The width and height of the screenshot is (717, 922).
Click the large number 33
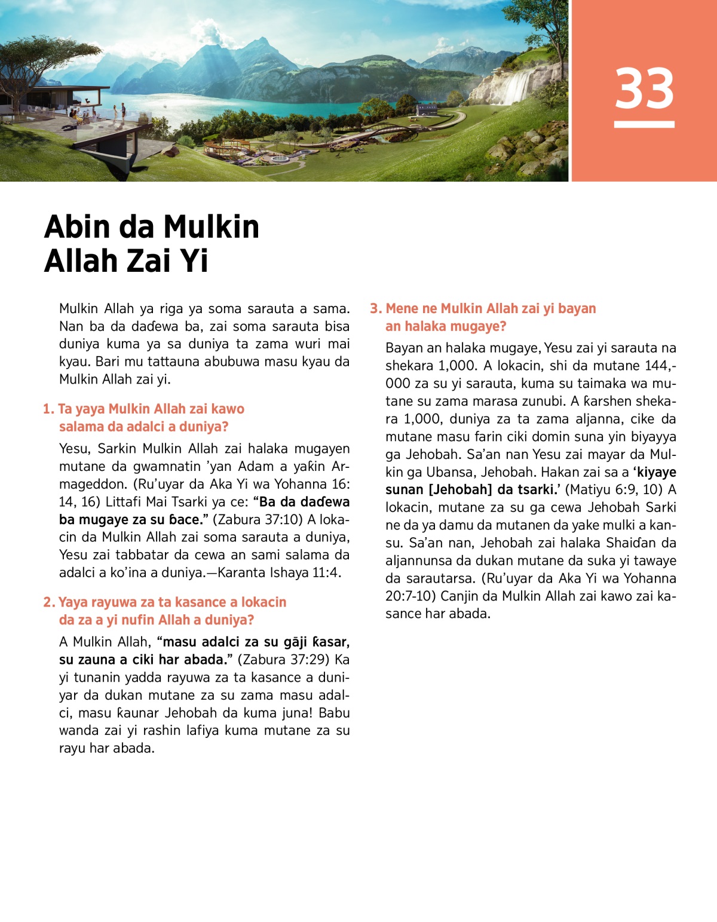644,88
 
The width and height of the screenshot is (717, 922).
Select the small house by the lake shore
426,109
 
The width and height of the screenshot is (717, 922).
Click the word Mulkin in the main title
211,227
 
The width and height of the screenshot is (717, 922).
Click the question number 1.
47,409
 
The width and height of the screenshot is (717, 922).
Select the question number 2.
48,602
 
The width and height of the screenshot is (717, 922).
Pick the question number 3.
375,309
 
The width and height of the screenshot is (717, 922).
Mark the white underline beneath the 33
644,124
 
